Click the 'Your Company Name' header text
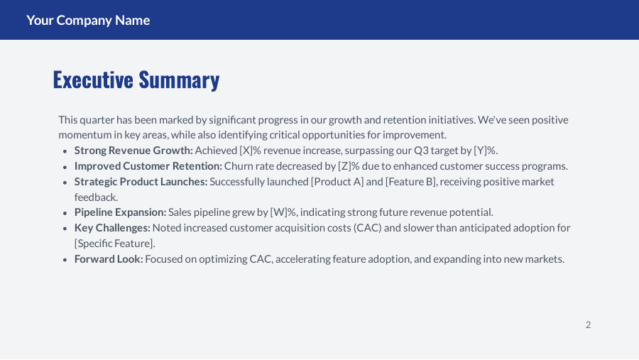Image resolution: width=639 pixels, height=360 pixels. pos(88,20)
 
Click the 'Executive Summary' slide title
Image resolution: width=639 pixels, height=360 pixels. pos(136,80)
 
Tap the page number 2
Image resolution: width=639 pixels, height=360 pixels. pos(588,325)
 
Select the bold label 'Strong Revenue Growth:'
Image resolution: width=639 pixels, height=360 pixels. pos(133,151)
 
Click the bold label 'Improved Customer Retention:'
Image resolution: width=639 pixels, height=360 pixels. pos(148,166)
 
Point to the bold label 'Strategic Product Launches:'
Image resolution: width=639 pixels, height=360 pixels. pos(141,182)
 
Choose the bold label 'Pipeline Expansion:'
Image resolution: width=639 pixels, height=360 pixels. pos(120,212)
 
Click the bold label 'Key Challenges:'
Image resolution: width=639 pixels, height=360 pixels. pos(112,228)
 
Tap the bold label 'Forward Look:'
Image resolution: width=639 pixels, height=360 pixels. pos(109,259)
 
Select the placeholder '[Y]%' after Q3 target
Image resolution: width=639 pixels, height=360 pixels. pos(485,151)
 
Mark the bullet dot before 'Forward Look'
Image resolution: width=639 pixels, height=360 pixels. pos(65,260)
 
